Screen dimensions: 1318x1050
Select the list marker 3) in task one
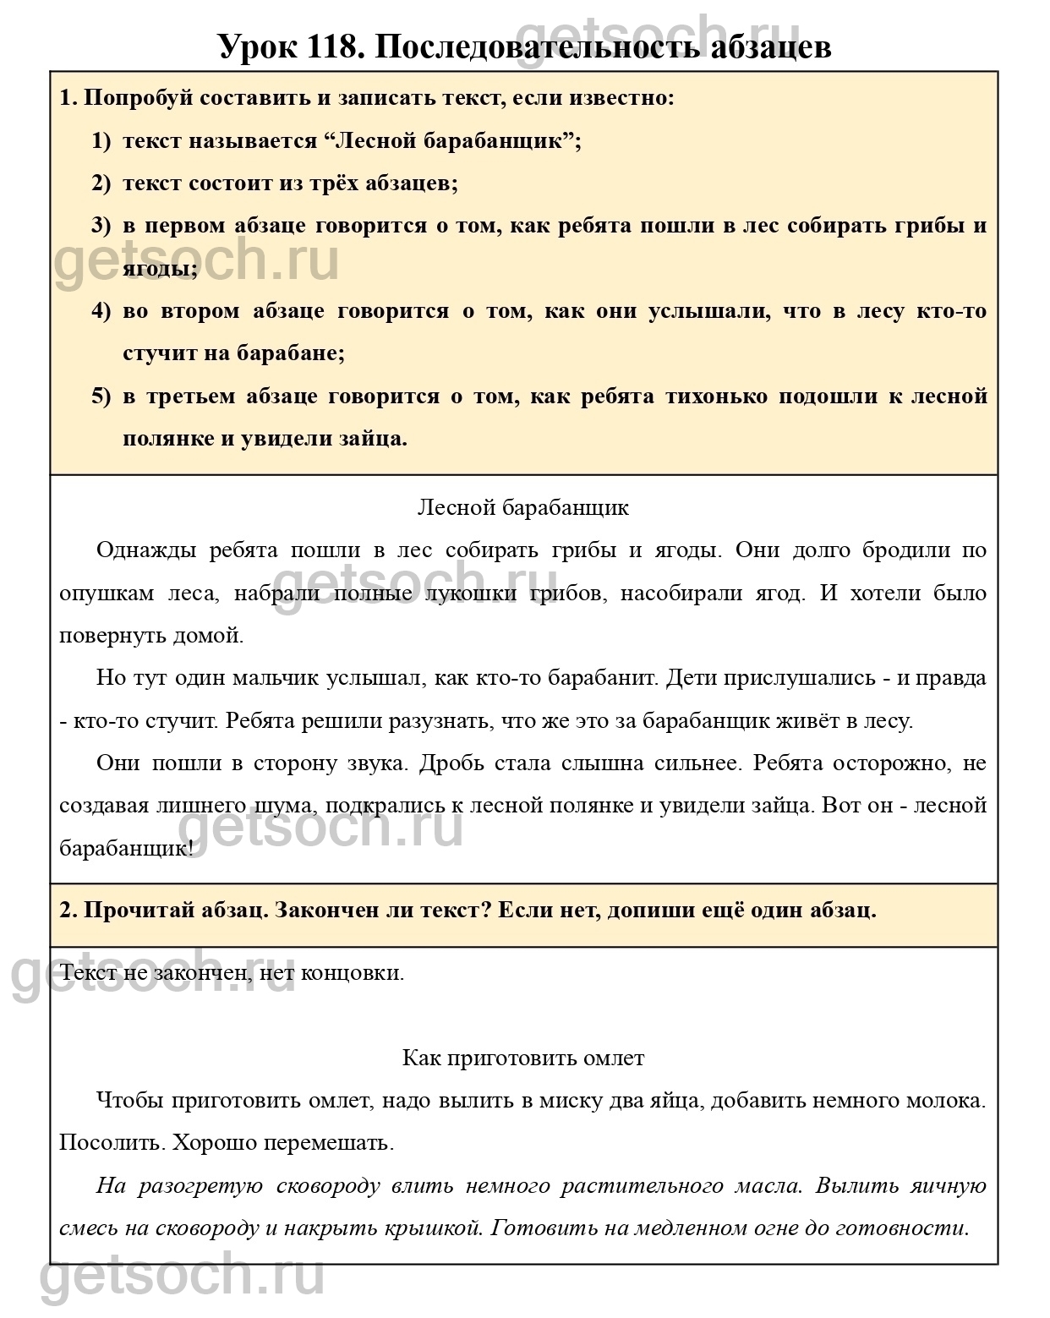[x=101, y=226]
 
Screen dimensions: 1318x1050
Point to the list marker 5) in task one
[x=101, y=396]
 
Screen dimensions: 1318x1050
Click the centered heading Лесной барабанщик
[x=523, y=507]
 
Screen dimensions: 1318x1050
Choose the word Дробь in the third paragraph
[x=450, y=763]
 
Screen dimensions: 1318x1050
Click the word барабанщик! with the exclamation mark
[x=127, y=848]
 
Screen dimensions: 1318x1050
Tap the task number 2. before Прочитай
[x=68, y=911]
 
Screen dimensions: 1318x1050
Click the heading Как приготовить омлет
[x=523, y=1058]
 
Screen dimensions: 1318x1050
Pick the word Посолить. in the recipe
[x=112, y=1143]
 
